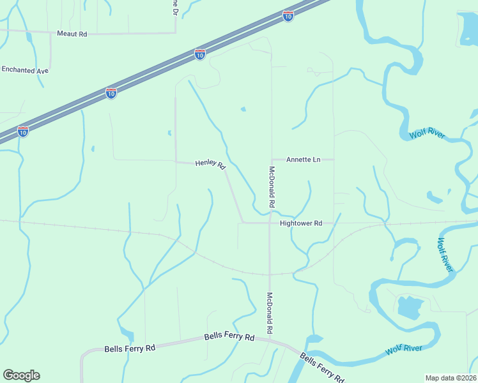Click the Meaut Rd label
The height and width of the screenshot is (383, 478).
pos(72,34)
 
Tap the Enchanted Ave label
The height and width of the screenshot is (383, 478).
pos(25,70)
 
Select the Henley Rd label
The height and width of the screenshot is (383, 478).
pos(210,165)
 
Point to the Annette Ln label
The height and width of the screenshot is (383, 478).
pos(303,160)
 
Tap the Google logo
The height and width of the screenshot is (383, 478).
pos(21,375)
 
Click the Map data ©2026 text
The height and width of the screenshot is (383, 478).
pos(451,378)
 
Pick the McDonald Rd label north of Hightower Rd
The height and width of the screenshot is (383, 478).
pos(272,187)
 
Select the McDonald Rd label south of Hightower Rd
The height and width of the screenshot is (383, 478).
pos(270,313)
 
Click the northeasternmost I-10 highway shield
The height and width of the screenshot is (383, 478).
pos(288,16)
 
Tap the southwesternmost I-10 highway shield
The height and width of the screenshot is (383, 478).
pos(23,131)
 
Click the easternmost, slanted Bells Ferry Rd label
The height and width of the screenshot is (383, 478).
pos(321,368)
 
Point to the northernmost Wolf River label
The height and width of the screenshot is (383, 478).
pos(427,134)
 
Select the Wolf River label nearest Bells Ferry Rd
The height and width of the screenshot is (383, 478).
pos(403,350)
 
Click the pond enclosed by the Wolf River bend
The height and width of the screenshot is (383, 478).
pos(409,307)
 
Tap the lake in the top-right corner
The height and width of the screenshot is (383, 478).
pos(468,27)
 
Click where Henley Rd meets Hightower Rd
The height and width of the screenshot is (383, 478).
pos(242,223)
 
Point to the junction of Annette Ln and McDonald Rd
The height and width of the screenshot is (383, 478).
pos(272,160)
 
